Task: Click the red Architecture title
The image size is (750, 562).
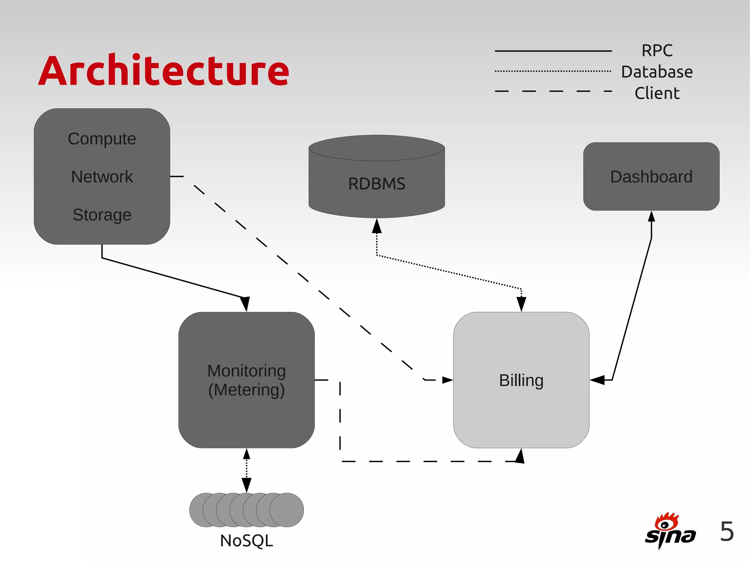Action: coord(164,71)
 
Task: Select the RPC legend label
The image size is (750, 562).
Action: coord(657,51)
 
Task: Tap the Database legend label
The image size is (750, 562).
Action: coord(657,72)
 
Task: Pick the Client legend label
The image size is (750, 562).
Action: coord(657,93)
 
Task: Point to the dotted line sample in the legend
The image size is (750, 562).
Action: coord(553,71)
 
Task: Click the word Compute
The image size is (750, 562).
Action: coord(102,139)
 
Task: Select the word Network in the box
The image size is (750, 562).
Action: coord(102,177)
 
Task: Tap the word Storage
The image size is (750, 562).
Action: coord(102,215)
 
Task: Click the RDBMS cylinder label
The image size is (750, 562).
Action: coord(376,183)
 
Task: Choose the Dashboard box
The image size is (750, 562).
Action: coord(651,176)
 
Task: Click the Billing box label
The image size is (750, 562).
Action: coord(521,380)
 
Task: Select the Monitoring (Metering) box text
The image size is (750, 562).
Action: coord(246,380)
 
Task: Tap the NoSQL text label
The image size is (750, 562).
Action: coord(246,541)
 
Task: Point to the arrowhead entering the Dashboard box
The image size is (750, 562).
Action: coord(651,217)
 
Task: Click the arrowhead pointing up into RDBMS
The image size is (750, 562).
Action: coord(376,226)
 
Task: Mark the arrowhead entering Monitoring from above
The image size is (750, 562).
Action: coord(245,304)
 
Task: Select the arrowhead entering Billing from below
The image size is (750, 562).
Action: coord(520,456)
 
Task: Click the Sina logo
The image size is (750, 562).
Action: coord(670,531)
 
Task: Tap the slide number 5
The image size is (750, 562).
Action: coord(727,531)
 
